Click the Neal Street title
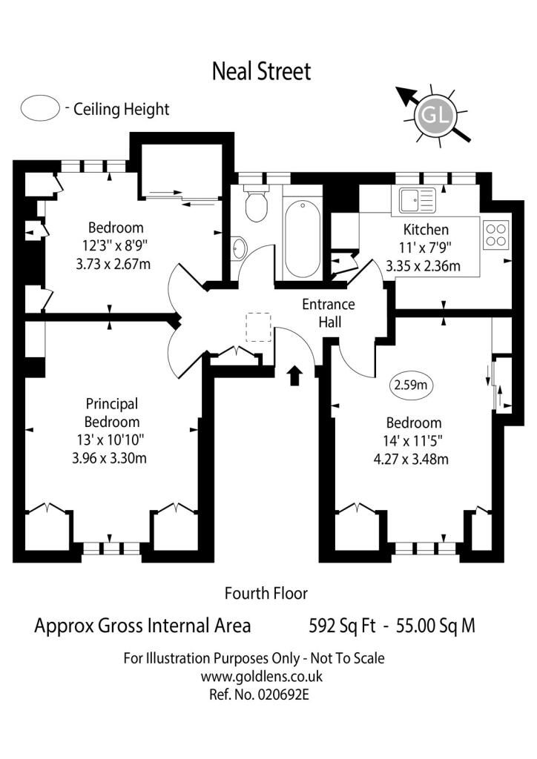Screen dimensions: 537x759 [x=262, y=71]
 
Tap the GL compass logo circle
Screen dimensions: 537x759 [x=435, y=115]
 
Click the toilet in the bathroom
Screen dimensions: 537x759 [x=256, y=203]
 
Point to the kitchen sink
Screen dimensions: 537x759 [x=418, y=200]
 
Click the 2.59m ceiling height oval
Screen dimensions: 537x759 [x=411, y=385]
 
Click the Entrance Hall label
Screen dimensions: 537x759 [x=329, y=314]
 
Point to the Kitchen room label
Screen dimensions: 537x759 [x=426, y=230]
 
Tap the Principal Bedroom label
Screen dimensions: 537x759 [x=112, y=412]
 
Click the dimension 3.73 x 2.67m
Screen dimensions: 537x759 [x=113, y=265]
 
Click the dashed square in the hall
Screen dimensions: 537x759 [x=259, y=327]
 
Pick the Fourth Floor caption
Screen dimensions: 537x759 [x=266, y=594]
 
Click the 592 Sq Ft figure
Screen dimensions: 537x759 [x=342, y=626]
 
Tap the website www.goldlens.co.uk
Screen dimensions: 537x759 [x=262, y=676]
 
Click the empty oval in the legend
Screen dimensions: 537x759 [x=40, y=107]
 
